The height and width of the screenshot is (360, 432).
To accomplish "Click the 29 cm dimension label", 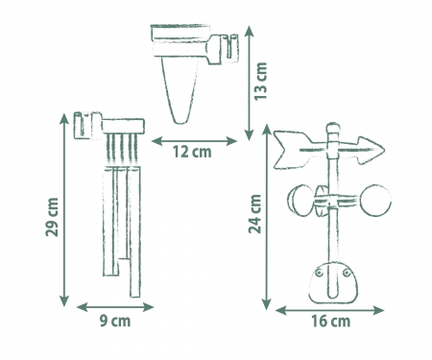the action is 53,217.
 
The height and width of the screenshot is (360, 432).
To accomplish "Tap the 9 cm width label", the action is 115,321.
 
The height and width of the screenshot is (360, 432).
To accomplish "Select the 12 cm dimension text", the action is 192,152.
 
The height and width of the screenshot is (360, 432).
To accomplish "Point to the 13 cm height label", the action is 261,81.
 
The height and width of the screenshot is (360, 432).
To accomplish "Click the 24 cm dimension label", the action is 255,214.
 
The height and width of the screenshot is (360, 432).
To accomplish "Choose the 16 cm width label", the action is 331,321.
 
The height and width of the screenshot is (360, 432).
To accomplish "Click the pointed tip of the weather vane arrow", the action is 384,150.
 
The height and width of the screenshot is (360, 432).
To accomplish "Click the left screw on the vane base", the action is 319,273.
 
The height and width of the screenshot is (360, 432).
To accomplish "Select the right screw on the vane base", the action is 347,273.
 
